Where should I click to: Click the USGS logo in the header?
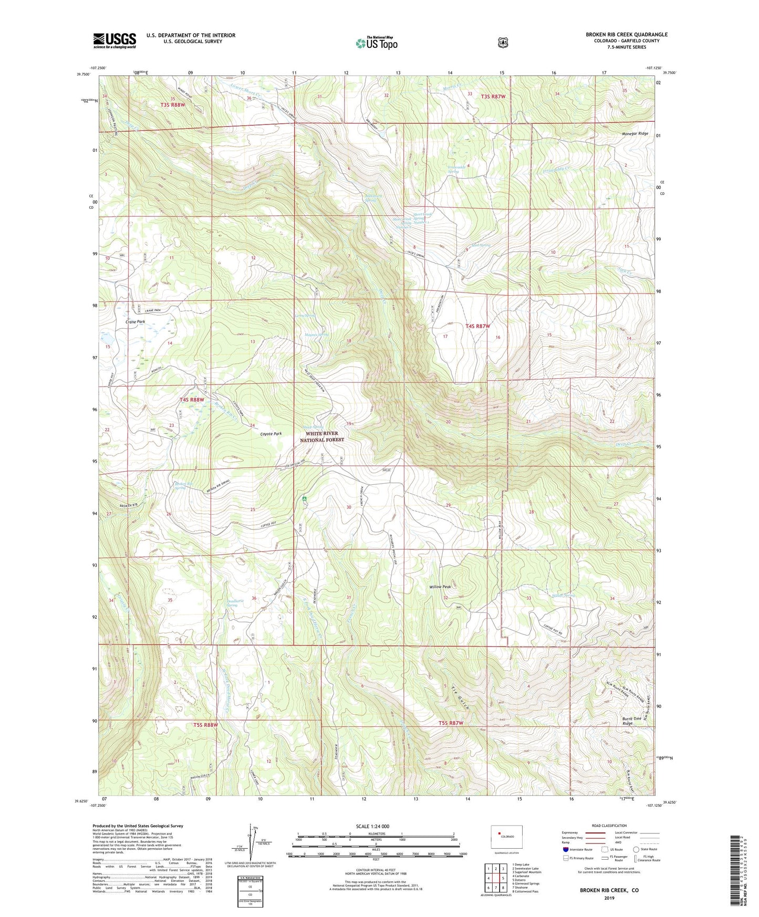click(x=115, y=41)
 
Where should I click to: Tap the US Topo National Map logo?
click(x=376, y=43)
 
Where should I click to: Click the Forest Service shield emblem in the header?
click(x=503, y=42)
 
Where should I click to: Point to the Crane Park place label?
click(x=135, y=321)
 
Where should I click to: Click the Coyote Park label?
click(x=271, y=434)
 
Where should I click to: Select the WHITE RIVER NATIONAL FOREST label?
click(x=322, y=436)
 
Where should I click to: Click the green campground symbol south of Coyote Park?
click(x=305, y=497)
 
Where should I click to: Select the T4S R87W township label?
click(x=477, y=326)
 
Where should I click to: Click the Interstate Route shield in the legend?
click(x=565, y=849)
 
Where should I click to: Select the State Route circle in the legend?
click(x=636, y=849)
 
